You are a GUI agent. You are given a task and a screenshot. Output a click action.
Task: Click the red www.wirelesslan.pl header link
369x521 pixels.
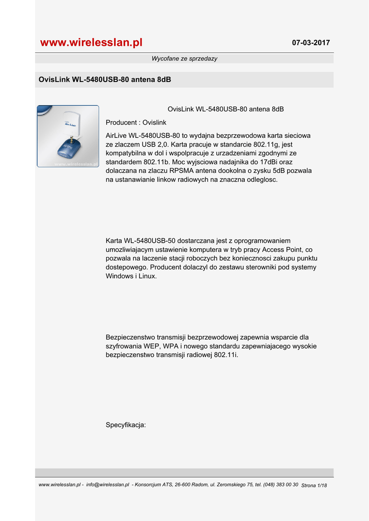point(92,43)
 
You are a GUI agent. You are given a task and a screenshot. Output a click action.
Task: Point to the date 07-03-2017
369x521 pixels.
point(311,43)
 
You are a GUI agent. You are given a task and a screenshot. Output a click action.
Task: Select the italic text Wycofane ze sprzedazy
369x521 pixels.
point(184,59)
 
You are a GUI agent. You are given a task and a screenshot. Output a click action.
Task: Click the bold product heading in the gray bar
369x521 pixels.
point(105,80)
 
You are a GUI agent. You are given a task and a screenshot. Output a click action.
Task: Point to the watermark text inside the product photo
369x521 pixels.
point(76,164)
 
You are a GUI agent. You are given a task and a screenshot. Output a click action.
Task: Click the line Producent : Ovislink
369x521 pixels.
point(136,123)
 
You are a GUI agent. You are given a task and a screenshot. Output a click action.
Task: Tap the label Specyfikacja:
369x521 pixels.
point(126,425)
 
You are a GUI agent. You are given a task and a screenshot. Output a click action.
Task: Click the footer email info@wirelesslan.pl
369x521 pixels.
point(108,485)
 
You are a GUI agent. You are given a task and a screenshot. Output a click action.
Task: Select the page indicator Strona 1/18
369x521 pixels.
point(314,485)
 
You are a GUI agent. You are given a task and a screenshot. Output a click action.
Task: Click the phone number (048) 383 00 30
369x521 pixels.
point(280,485)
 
